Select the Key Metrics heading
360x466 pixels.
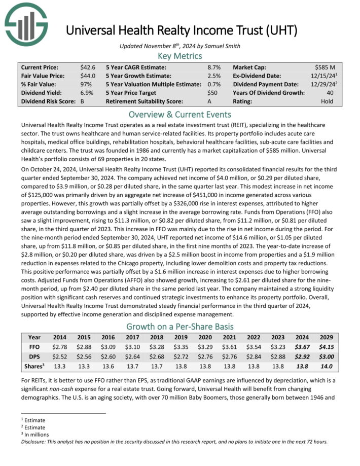180,56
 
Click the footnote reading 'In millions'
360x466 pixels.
35,434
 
